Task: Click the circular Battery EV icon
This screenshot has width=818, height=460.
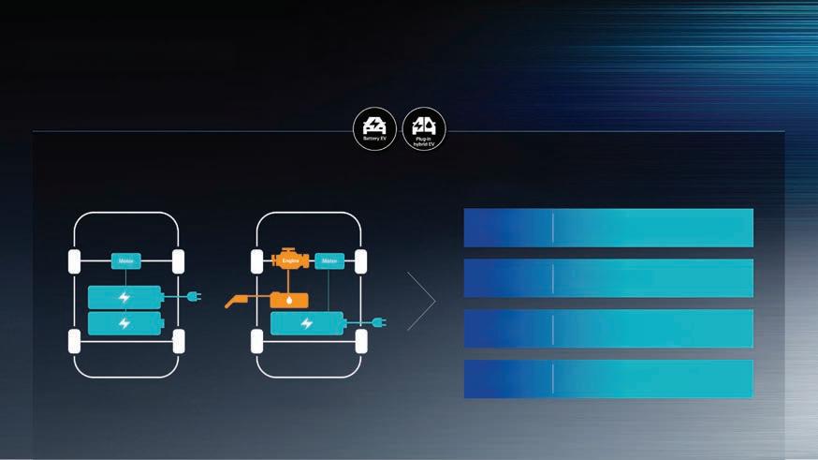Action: (x=374, y=128)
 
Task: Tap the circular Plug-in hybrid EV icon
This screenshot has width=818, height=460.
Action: (x=424, y=128)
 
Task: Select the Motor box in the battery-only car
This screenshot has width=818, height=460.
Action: (x=125, y=262)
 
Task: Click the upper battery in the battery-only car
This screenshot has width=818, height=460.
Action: (x=124, y=297)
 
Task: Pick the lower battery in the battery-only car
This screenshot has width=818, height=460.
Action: (x=124, y=323)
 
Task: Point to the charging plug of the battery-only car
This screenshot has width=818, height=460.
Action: (x=192, y=297)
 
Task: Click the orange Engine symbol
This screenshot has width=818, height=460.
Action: (x=290, y=261)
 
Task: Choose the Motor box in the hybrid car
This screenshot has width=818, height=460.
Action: (x=329, y=262)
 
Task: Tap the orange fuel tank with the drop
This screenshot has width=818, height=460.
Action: (x=294, y=300)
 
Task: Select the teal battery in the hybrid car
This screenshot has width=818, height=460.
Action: (x=306, y=323)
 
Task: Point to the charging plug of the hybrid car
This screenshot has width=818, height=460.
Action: (x=377, y=323)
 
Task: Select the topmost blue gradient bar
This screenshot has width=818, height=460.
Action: (x=608, y=228)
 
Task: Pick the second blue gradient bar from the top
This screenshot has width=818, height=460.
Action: (x=608, y=278)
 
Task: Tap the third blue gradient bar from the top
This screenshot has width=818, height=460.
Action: (x=608, y=328)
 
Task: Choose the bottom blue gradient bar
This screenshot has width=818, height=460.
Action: (x=608, y=378)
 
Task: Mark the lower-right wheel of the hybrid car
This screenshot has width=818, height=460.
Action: (x=360, y=341)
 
